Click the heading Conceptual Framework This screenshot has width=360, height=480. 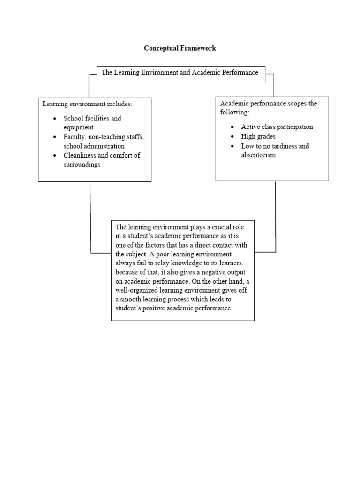180,48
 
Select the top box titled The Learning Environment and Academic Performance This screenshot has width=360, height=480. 180,73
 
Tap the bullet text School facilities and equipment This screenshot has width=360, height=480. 92,123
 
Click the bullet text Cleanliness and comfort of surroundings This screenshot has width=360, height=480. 102,160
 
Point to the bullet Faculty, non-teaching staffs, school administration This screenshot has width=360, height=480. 104,142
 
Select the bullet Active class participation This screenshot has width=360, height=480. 277,127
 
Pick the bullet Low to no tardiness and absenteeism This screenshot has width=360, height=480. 275,150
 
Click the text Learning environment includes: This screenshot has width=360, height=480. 88,104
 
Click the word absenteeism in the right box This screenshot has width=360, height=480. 258,155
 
